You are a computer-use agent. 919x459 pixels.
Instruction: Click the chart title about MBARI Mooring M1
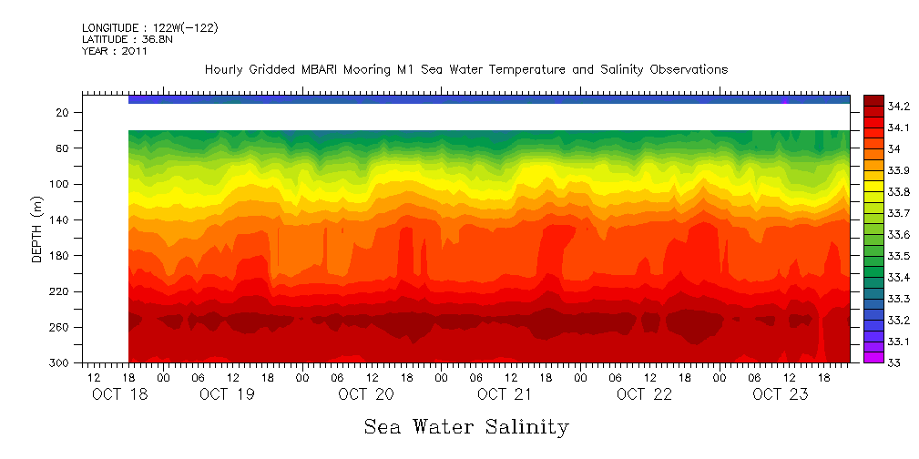(465, 69)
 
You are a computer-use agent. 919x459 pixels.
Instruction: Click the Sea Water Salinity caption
(466, 427)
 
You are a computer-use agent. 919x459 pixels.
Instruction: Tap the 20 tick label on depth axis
(64, 113)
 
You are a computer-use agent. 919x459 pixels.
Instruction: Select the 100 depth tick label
(61, 184)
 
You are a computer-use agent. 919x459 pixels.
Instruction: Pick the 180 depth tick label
(61, 256)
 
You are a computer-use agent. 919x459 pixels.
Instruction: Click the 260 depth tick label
(61, 328)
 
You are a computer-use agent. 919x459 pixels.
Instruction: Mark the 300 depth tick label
(61, 363)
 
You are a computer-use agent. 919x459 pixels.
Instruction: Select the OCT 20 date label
(365, 394)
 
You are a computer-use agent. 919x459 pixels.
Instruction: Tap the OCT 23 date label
(781, 394)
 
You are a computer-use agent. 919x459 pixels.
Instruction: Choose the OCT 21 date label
(504, 394)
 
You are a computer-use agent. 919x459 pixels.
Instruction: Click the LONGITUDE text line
(149, 28)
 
